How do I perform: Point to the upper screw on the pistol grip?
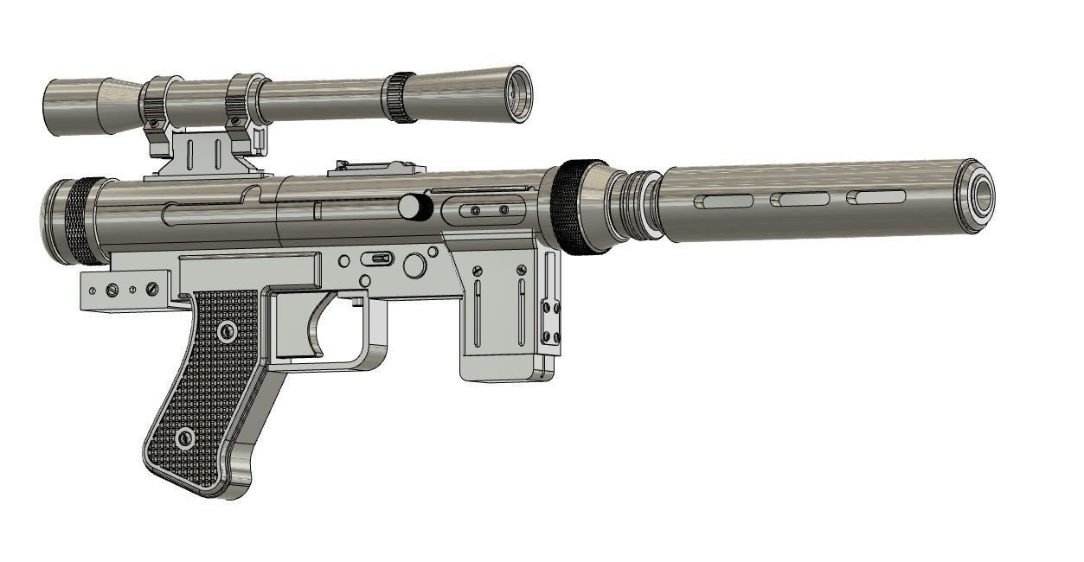pos(228,329)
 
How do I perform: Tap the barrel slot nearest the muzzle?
pos(876,197)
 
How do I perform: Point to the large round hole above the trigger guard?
pos(415,265)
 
